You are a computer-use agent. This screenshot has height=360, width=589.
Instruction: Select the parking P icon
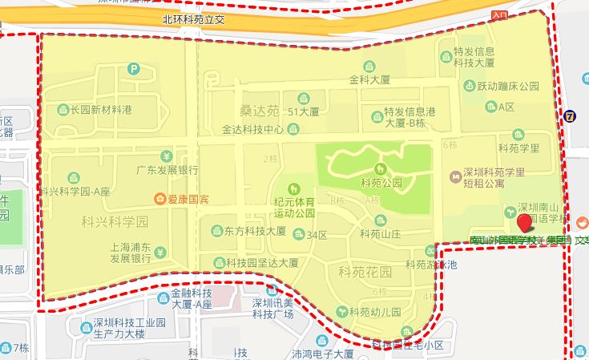tap(134, 71)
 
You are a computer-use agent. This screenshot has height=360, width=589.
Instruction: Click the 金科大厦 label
tap(369, 80)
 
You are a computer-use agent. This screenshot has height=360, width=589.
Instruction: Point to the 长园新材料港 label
tap(100, 109)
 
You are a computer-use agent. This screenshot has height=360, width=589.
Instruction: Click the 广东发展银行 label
tap(167, 170)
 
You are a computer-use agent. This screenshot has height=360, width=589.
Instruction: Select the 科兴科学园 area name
tap(115, 220)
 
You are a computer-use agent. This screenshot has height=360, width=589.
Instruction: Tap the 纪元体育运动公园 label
tap(295, 208)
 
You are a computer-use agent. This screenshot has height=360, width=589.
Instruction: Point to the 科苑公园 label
tap(381, 182)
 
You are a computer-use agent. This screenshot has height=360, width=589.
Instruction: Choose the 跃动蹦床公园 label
tap(506, 87)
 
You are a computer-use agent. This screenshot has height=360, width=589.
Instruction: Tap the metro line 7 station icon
tap(570, 115)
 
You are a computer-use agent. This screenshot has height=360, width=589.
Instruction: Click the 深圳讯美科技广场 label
tap(273, 308)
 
